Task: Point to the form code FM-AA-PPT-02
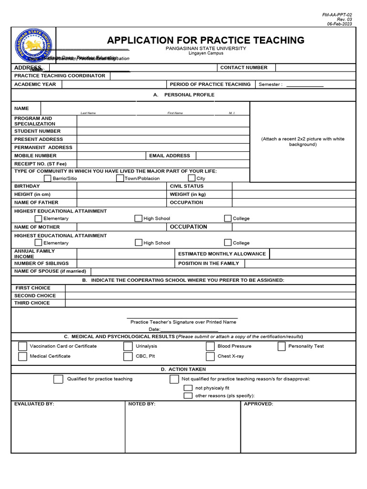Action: click(x=340, y=15)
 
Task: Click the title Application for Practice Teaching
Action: click(x=205, y=40)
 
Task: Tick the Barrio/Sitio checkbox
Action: click(x=47, y=178)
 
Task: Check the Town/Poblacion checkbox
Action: click(x=120, y=178)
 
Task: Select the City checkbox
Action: click(x=192, y=178)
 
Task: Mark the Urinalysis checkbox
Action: click(x=128, y=346)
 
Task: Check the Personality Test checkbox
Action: click(x=281, y=346)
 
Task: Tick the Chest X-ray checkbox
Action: click(x=210, y=356)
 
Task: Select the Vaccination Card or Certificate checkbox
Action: click(x=22, y=346)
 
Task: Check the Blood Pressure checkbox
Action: click(x=210, y=346)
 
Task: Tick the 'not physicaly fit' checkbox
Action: click(x=188, y=388)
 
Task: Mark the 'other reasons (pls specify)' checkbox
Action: click(x=188, y=396)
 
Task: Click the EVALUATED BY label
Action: click(x=34, y=404)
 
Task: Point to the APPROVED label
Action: click(x=259, y=404)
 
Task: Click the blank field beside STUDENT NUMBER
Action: click(x=163, y=131)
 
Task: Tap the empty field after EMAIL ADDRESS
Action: click(x=223, y=156)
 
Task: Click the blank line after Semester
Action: click(x=304, y=85)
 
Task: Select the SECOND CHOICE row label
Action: click(x=35, y=296)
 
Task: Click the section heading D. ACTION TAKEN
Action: click(x=183, y=369)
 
